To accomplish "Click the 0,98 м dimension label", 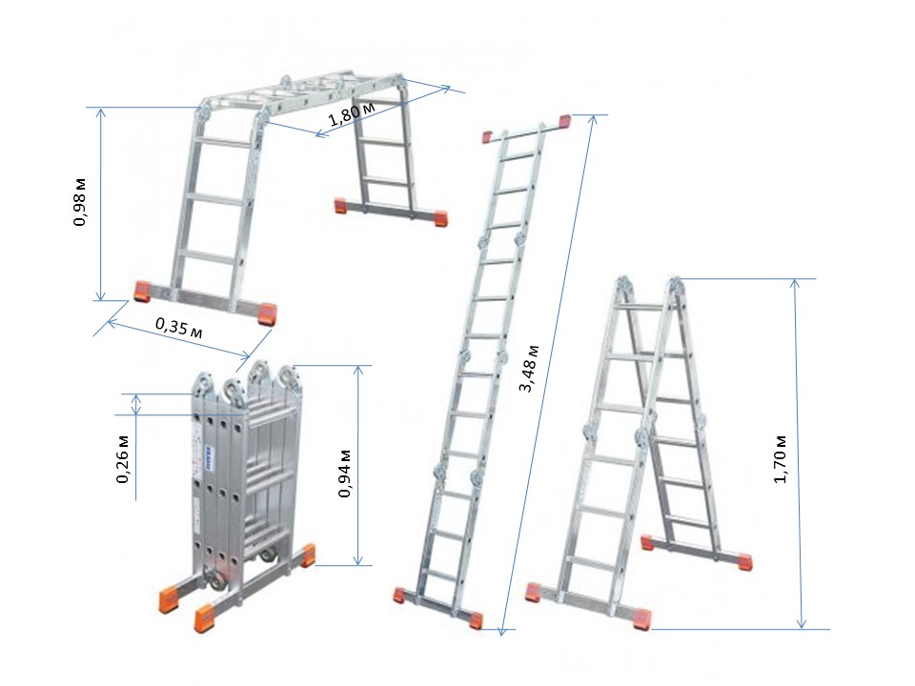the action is coord(80,202).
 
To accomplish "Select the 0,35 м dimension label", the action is coord(179,328).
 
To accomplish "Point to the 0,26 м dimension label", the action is coord(123,459).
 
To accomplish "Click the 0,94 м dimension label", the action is coord(345,474).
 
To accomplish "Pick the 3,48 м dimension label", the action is coord(529,369).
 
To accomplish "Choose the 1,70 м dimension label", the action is coord(781,459).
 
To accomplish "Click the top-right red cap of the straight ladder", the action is coord(565,121).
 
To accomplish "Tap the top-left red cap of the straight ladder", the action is coord(488,137).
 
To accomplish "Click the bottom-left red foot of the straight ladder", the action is coord(400,595).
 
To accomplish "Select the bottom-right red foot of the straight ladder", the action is coord(477,620).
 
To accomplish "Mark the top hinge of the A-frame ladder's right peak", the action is coord(675,285).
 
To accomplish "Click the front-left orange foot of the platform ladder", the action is coord(142,292).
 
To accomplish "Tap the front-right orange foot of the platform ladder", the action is coord(269,314).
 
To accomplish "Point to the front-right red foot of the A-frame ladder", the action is coord(641,618).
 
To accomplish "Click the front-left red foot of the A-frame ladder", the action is coord(533,592).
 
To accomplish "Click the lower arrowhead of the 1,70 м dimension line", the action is coord(802,623).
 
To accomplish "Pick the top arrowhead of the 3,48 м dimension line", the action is coord(594,120).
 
